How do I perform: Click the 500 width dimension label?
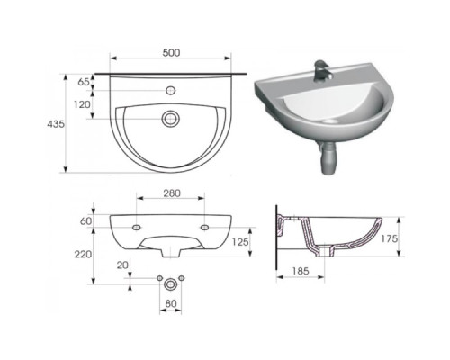point(171,53)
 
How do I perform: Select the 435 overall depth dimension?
point(56,123)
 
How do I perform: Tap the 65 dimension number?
point(84,82)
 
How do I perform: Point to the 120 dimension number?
point(82,104)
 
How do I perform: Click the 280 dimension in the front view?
point(172,193)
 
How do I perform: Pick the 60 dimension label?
point(85,221)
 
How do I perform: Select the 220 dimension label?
point(83,254)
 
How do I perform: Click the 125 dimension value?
point(240,242)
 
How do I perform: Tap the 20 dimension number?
point(122,265)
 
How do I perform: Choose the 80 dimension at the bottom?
point(171,303)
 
